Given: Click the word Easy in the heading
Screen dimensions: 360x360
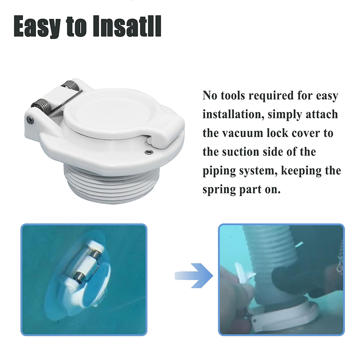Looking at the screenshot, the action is pyautogui.click(x=37, y=26).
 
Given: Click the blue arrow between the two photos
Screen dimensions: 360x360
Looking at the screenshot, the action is pyautogui.click(x=194, y=275).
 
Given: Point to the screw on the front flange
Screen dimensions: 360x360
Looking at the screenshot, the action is pyautogui.click(x=149, y=152).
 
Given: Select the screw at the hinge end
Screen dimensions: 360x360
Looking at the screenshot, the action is pyautogui.click(x=30, y=119).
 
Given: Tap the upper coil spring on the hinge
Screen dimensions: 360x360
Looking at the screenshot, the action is pyautogui.click(x=71, y=87).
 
